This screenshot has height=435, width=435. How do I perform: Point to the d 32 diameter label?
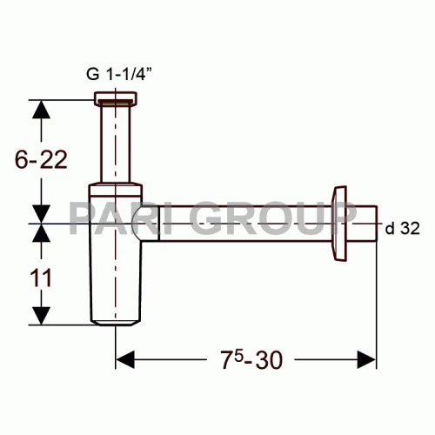pos(401,229)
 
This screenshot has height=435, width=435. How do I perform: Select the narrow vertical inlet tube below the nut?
pos(117,144)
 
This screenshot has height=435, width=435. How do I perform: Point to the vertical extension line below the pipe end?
pos(376,304)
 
